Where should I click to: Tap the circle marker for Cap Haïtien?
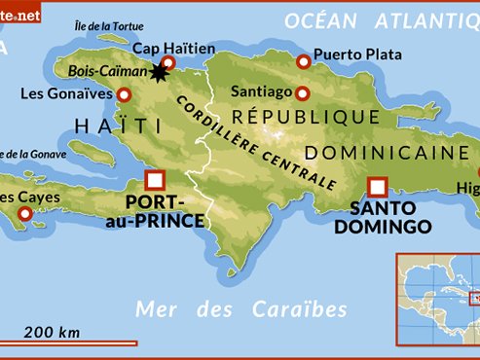pyautogui.click(x=167, y=63)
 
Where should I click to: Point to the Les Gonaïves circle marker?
pyautogui.click(x=124, y=94)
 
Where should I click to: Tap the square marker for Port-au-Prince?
pyautogui.click(x=154, y=180)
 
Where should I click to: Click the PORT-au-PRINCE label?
pyautogui.click(x=165, y=212)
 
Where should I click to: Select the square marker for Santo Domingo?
pyautogui.click(x=378, y=186)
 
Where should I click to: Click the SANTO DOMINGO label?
pyautogui.click(x=383, y=217)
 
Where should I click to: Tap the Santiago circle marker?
pyautogui.click(x=303, y=93)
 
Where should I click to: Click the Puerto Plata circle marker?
pyautogui.click(x=304, y=60)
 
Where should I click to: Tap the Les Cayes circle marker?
pyautogui.click(x=39, y=214)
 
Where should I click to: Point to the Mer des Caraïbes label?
pyautogui.click(x=241, y=309)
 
